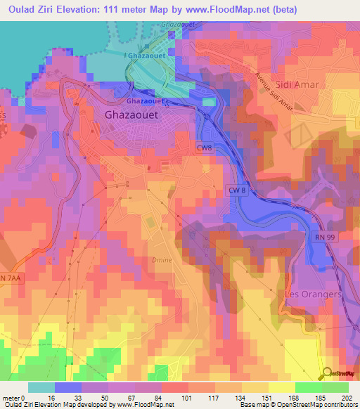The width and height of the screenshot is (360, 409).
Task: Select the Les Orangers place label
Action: [x=313, y=294]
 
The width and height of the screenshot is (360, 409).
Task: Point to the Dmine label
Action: [x=162, y=260]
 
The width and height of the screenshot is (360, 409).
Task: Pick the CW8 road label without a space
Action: [x=205, y=147]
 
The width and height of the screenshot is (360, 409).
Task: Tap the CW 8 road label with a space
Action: [x=237, y=191]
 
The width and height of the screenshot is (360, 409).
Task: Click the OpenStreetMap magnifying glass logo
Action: [x=324, y=373]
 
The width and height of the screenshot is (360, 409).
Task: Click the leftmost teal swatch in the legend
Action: [x=41, y=387]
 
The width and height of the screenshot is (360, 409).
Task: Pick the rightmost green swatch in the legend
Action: [x=335, y=387]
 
